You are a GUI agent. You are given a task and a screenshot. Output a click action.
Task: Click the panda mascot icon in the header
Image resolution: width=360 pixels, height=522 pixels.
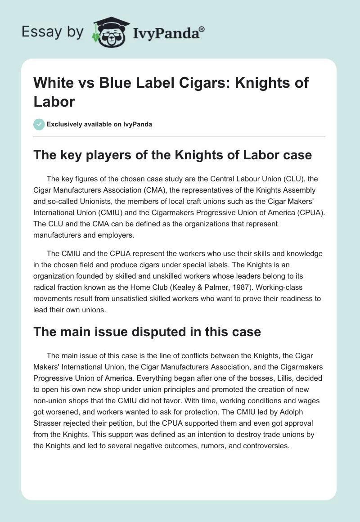click(x=109, y=32)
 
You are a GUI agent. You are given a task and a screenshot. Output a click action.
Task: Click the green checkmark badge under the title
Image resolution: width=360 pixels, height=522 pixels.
click(x=39, y=124)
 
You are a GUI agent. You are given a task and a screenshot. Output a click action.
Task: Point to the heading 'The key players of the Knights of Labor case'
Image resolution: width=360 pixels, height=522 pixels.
click(x=173, y=155)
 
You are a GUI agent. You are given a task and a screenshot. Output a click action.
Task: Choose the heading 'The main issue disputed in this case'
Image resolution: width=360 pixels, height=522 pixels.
click(x=147, y=332)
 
